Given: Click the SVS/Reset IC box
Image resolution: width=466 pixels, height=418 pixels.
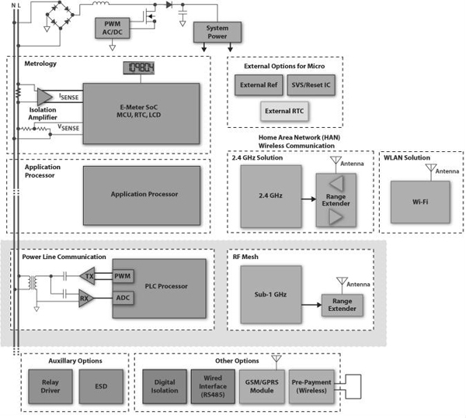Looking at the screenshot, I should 311,85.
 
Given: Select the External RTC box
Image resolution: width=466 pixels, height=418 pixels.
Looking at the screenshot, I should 284,112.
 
